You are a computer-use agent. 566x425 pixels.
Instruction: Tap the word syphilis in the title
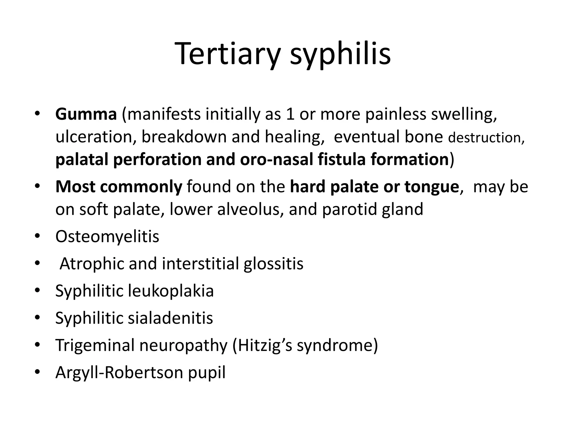pyautogui.click(x=340, y=54)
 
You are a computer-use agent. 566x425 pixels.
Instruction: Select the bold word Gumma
pyautogui.click(x=86, y=114)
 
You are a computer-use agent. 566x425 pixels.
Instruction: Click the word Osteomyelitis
pyautogui.click(x=107, y=237)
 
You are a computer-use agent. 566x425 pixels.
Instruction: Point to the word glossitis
pyautogui.click(x=273, y=264)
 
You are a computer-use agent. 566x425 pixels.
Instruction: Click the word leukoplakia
pyautogui.click(x=171, y=291)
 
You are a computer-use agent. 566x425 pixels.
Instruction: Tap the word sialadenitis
pyautogui.click(x=170, y=318)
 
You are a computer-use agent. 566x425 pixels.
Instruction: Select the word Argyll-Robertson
pyautogui.click(x=119, y=372)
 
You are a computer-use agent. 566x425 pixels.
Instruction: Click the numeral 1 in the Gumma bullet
pyautogui.click(x=290, y=114)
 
